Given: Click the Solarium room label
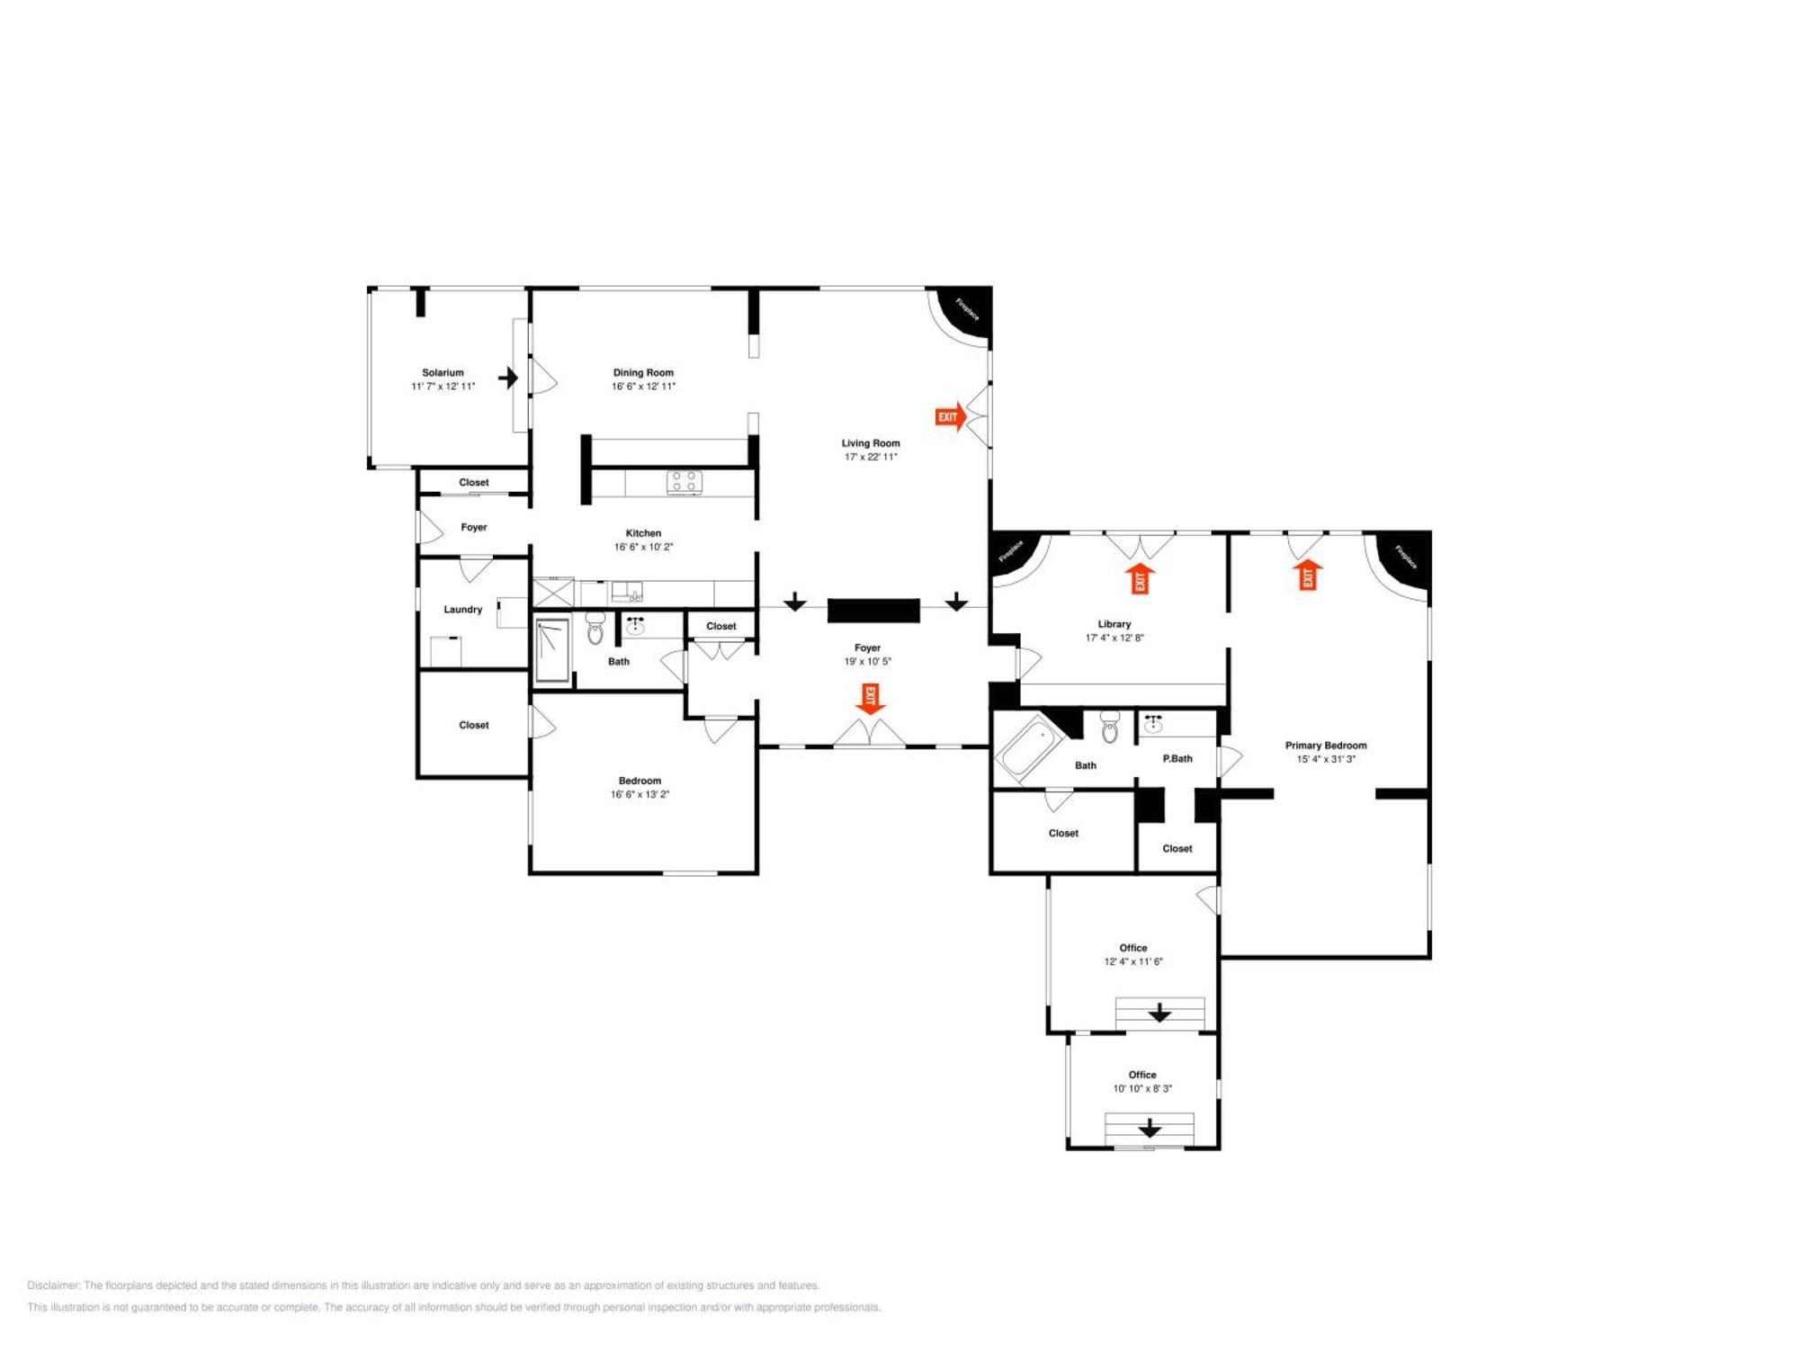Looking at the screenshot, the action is [443, 372].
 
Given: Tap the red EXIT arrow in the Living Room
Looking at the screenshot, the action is [951, 416].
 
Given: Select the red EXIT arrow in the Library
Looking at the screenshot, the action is [1141, 579].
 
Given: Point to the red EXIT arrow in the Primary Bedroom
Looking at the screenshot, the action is [1308, 575].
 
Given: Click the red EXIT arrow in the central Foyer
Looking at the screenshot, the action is [870, 699].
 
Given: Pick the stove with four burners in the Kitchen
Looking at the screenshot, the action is [684, 482].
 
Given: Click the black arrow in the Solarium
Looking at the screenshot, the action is [508, 378].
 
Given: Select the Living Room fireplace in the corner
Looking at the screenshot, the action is [962, 314].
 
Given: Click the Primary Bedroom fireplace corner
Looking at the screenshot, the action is [1401, 559].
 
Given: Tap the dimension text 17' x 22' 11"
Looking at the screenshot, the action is [871, 457].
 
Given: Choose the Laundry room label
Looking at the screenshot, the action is [463, 610].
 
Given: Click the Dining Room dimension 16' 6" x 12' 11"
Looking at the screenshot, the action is [643, 387].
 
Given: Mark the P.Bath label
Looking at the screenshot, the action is [1177, 759].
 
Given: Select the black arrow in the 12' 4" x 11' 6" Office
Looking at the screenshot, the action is [1159, 1013].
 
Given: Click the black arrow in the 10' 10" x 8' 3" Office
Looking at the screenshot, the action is [1150, 1128].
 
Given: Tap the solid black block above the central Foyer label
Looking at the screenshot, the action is [873, 611].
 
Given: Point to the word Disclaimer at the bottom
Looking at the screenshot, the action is [53, 1285].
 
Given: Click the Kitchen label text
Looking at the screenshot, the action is [643, 533].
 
